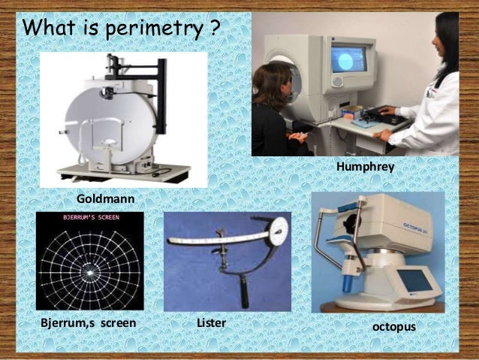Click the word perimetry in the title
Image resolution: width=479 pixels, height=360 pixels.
(x=156, y=29)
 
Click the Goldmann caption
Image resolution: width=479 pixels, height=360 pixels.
(x=105, y=198)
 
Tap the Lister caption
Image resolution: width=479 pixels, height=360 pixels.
(x=211, y=323)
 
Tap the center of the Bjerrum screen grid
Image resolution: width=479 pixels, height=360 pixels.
(x=89, y=271)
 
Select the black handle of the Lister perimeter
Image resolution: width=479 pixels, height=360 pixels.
(x=243, y=287)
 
